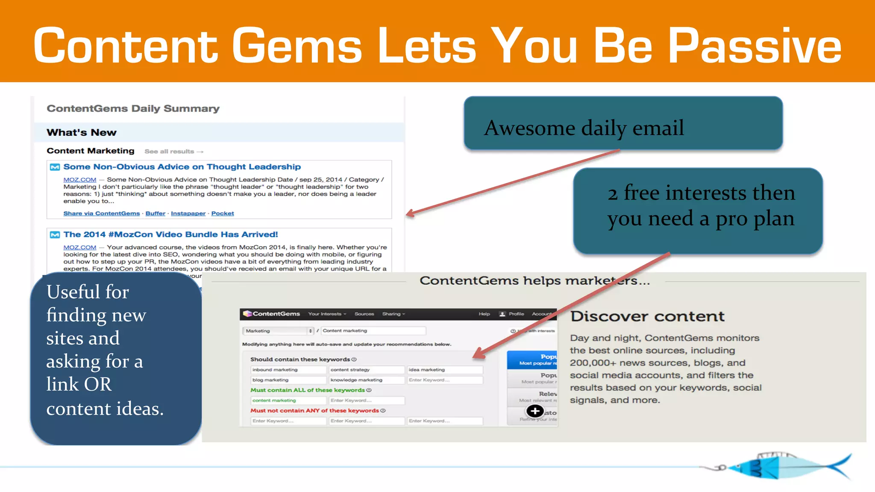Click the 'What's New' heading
tap(81, 132)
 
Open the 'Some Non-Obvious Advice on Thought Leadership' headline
tap(182, 167)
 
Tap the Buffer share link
tap(155, 214)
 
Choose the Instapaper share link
tap(188, 214)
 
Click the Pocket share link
tap(223, 214)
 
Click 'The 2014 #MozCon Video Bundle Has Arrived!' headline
tap(170, 234)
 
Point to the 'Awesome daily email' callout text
tap(584, 128)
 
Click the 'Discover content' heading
tap(647, 316)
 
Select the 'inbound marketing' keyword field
tap(288, 370)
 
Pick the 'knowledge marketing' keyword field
tap(366, 380)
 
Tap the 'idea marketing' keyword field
tap(444, 370)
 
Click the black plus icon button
tap(535, 411)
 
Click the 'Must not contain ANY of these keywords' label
tap(314, 411)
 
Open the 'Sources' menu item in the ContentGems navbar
tap(364, 314)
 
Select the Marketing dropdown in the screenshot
tap(279, 331)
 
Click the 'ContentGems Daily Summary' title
tap(133, 108)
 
